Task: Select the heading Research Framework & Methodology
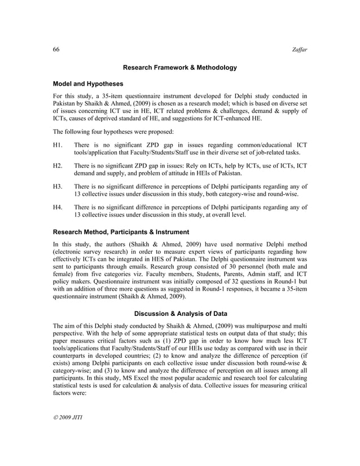pyautogui.click(x=179, y=68)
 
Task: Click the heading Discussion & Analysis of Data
pyautogui.click(x=179, y=314)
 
